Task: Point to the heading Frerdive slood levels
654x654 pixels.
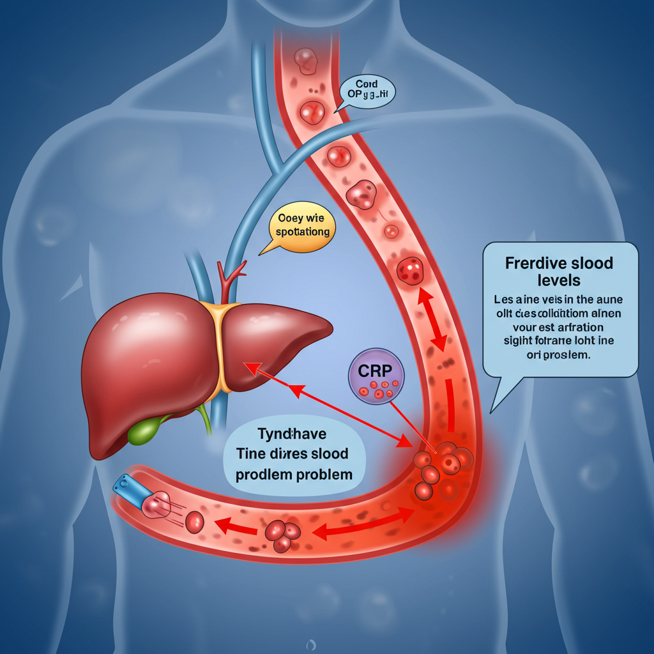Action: point(559,271)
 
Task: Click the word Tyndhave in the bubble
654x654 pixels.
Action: point(292,434)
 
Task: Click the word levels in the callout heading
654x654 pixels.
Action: point(559,280)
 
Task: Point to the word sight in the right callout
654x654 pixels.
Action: point(520,342)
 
